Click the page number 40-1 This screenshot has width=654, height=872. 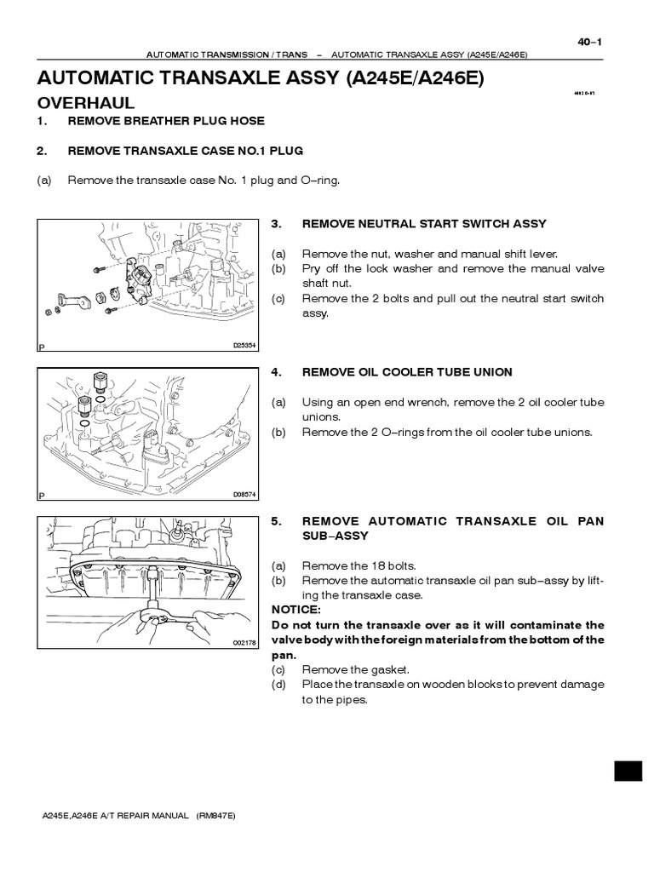point(588,43)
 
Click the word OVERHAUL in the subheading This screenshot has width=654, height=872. point(86,103)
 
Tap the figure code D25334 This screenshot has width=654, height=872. point(244,346)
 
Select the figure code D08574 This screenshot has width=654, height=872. point(244,495)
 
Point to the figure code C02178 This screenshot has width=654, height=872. point(244,644)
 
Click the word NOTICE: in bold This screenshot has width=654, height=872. point(295,610)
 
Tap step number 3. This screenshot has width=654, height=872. point(275,224)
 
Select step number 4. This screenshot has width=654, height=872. point(275,372)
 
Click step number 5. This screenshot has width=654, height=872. point(275,521)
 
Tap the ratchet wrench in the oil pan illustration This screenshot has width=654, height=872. point(158,606)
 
